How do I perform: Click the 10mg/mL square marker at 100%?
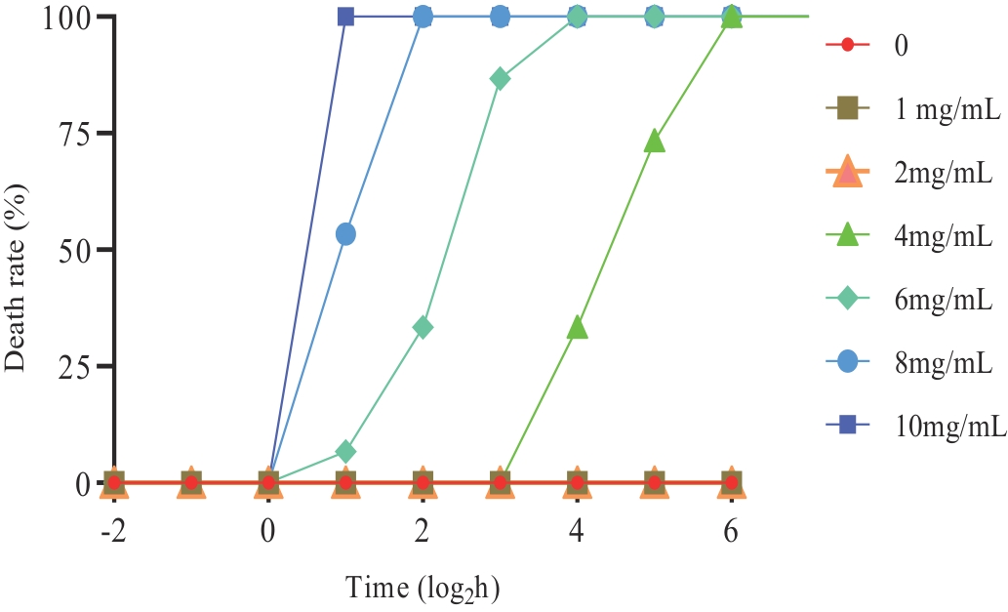click(x=345, y=17)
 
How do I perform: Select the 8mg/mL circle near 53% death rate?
click(x=345, y=234)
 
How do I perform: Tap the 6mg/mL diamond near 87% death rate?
click(x=500, y=78)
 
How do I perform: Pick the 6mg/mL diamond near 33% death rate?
click(x=423, y=327)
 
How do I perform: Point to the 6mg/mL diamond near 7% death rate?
click(x=345, y=452)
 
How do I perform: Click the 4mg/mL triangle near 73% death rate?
click(x=655, y=143)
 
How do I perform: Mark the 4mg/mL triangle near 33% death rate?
click(x=578, y=328)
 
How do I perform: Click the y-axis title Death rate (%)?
click(x=18, y=251)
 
